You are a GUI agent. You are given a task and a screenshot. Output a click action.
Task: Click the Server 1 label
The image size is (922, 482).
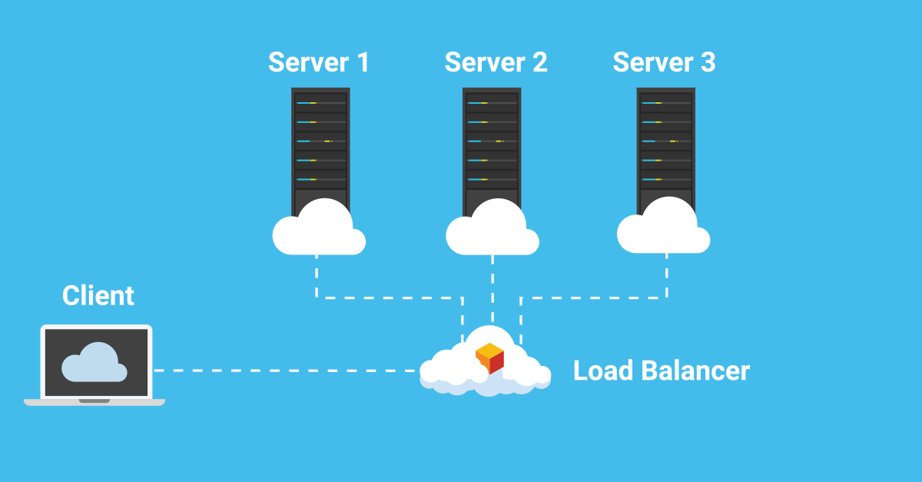318,62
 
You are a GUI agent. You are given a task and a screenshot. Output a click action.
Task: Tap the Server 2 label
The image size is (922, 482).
496,62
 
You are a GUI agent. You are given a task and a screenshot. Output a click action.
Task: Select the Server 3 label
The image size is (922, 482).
664,62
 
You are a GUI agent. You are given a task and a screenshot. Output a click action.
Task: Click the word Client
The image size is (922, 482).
98,295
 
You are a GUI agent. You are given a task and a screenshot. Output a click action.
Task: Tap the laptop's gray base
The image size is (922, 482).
95,401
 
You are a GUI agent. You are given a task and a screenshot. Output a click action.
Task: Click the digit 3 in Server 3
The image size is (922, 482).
708,62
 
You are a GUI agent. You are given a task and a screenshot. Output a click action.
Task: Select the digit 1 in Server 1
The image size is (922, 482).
363,62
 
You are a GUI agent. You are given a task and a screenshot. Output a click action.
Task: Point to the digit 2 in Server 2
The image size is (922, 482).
539,62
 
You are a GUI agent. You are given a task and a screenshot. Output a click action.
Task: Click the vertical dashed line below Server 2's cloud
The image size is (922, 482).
493,288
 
